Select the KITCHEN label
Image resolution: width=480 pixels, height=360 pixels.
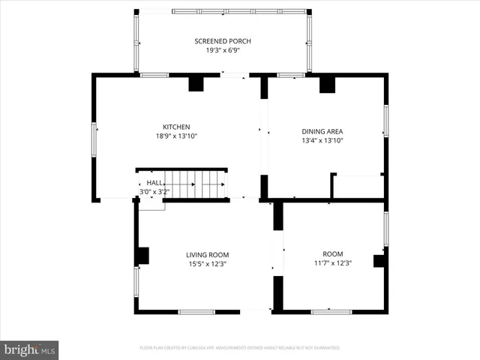[x=176, y=127]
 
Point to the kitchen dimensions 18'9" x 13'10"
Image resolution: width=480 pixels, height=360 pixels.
[x=176, y=136]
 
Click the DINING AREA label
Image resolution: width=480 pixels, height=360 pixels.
[x=322, y=130]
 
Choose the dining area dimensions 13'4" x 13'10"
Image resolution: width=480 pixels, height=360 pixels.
[x=322, y=140]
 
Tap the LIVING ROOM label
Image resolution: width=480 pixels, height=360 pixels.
[x=207, y=255]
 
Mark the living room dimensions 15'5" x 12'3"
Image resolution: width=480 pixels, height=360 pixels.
[x=207, y=264]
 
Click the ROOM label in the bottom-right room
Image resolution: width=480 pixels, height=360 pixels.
[x=332, y=254]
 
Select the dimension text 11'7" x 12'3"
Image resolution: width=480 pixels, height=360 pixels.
[x=332, y=263]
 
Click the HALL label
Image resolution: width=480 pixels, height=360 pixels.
[x=154, y=183]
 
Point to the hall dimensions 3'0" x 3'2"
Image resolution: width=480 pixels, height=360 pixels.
[x=154, y=192]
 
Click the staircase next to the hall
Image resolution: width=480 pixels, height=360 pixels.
[x=195, y=184]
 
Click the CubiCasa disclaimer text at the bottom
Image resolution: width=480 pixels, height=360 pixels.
[x=240, y=348]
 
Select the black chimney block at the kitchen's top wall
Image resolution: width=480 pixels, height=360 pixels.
[x=196, y=83]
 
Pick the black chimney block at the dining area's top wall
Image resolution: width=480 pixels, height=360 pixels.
[x=327, y=84]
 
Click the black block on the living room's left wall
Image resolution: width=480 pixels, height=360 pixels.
[x=142, y=256]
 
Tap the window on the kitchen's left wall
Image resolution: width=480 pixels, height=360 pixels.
[x=94, y=140]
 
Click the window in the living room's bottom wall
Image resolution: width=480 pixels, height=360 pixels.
[x=196, y=311]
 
